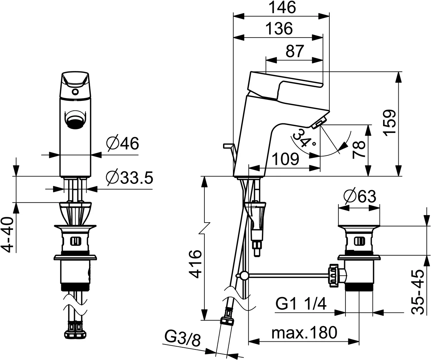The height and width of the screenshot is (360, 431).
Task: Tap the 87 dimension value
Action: (x=294, y=52)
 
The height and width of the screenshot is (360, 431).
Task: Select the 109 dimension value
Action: (x=286, y=159)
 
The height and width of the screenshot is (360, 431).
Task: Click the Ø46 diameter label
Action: (x=122, y=143)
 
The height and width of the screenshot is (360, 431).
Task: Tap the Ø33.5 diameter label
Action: (x=129, y=178)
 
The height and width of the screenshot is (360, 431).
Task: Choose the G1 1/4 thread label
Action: (x=301, y=303)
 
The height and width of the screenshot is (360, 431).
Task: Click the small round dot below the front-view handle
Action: (x=75, y=92)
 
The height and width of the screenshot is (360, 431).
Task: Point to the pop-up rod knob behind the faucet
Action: (x=227, y=145)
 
